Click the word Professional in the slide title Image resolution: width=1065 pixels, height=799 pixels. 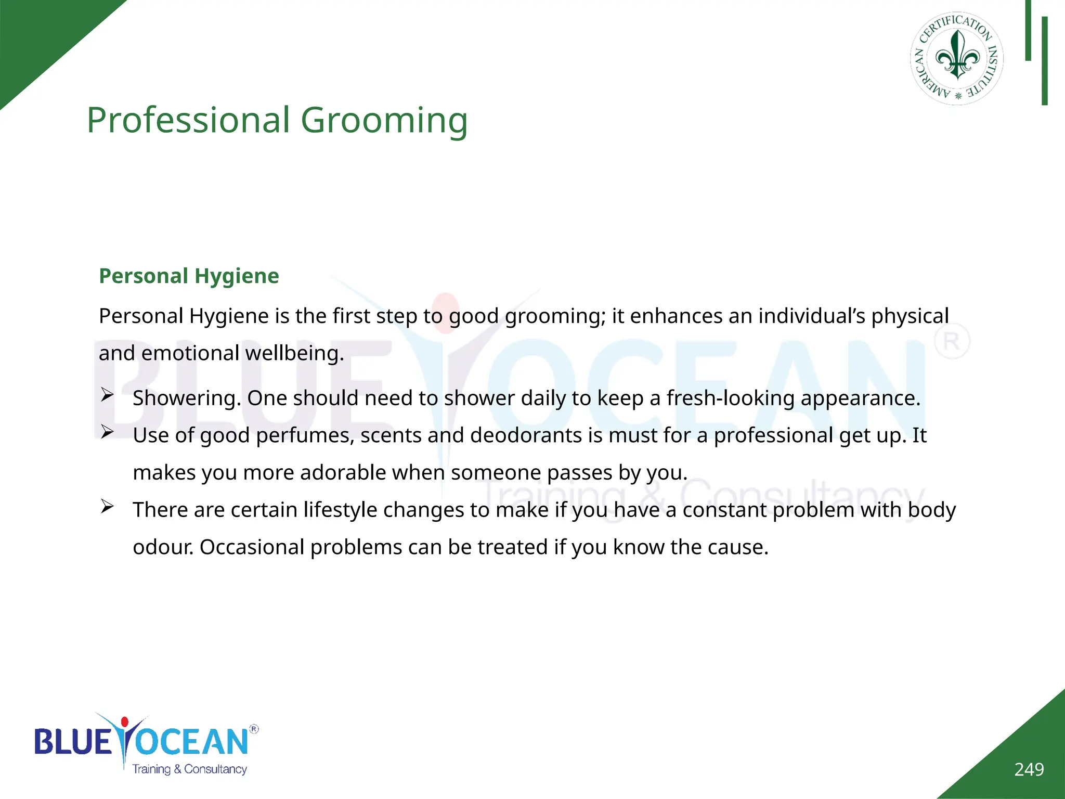[x=188, y=120]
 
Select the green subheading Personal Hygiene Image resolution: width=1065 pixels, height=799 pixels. [x=189, y=276]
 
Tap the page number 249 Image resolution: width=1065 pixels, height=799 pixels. [x=1029, y=769]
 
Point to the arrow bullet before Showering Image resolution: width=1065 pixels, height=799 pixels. [x=107, y=395]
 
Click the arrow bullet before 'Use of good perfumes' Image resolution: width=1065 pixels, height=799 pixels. [x=107, y=432]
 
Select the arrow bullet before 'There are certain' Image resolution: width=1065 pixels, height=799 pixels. [x=107, y=506]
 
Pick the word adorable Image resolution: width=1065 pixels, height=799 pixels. [x=343, y=473]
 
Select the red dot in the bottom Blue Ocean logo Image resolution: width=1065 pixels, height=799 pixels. [x=124, y=722]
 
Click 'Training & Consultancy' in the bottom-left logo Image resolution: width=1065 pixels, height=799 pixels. [x=189, y=769]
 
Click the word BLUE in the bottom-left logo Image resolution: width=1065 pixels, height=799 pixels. [x=72, y=742]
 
